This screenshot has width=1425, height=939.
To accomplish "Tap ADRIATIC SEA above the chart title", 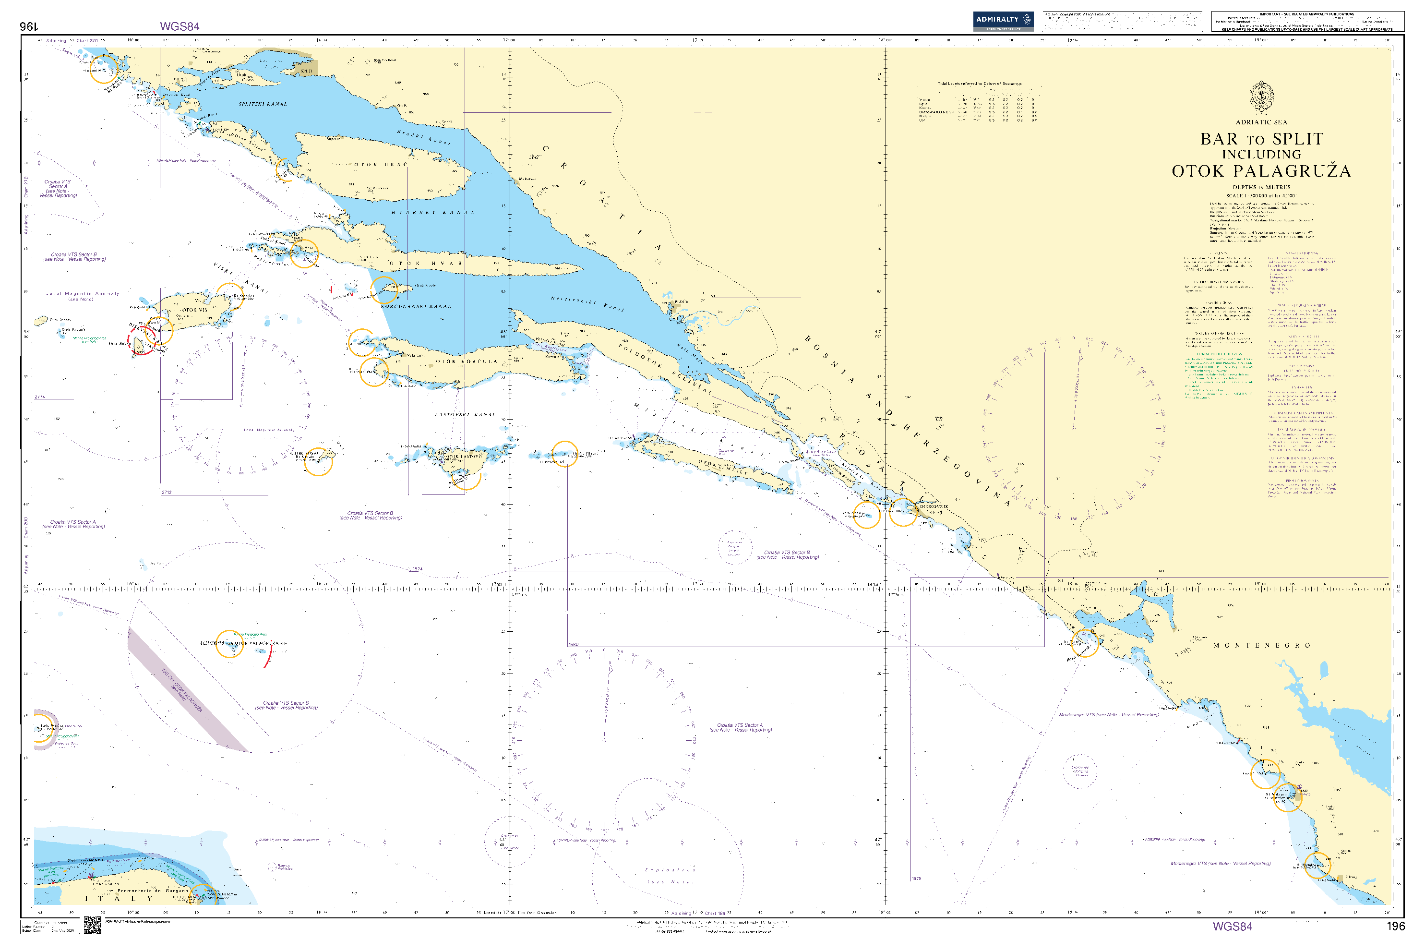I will pos(1261,122).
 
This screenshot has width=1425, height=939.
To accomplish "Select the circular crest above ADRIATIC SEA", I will pos(1261,96).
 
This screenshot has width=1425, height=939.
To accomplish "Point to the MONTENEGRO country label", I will pos(1261,646).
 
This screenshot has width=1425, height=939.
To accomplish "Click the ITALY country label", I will pos(120,898).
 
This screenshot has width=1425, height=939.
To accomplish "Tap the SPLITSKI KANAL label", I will pos(263,104).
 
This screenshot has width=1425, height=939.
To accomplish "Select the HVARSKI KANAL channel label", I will pos(433,213).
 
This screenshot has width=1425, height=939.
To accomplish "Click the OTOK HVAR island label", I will pos(426,264).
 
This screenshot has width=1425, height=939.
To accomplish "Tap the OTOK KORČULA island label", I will pos(467,361).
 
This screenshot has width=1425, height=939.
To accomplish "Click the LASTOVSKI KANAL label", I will pos(465,414).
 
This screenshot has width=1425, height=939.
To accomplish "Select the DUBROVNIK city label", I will pos(934,506).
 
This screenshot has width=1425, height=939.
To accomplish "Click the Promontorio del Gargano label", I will pos(153,891).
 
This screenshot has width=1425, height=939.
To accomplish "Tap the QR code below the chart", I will pos(92,925).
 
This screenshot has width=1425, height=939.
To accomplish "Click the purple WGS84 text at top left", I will pos(180,26).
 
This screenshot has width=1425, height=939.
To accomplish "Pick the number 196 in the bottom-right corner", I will pos(1395,926).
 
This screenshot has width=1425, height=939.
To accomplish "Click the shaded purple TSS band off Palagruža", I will pos(186,689).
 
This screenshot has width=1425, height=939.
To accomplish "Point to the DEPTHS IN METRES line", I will pos(1261,187).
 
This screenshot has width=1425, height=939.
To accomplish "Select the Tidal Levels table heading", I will pos(979,84).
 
